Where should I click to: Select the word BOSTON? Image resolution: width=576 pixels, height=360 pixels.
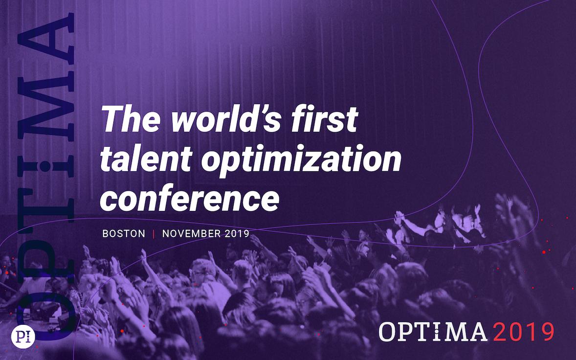coord(124,234)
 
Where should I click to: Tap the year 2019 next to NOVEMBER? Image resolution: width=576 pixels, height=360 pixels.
coord(237,234)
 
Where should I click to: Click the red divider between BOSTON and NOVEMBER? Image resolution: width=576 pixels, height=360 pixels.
coord(154,234)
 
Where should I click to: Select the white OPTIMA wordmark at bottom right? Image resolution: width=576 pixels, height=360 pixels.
coord(433,332)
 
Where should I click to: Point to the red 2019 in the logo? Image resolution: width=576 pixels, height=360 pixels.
coord(524,332)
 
